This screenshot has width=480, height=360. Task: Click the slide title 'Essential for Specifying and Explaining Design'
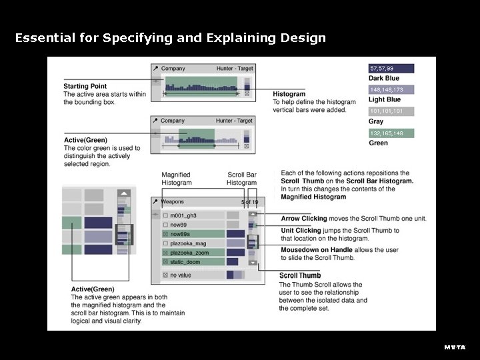click(x=170, y=38)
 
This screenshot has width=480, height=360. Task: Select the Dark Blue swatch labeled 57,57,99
click(x=391, y=69)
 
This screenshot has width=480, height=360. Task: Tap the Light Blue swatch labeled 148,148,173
click(x=391, y=90)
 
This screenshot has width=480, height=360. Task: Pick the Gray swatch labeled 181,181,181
click(x=391, y=111)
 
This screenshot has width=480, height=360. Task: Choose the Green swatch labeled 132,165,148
click(x=391, y=133)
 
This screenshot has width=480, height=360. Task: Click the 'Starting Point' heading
click(x=85, y=87)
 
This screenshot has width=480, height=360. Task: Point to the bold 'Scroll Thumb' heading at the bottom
click(x=299, y=275)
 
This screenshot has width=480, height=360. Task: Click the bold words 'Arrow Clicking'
click(x=304, y=219)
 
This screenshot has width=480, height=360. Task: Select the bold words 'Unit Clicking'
click(x=301, y=231)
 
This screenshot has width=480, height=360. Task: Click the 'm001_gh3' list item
click(x=184, y=216)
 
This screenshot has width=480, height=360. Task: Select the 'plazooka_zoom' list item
click(x=189, y=253)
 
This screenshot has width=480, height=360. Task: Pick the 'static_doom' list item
click(x=185, y=263)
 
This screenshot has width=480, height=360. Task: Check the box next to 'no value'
click(x=165, y=275)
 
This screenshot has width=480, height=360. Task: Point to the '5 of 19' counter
click(x=249, y=202)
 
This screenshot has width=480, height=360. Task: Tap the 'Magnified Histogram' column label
click(x=176, y=179)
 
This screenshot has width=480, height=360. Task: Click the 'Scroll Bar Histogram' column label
click(x=241, y=179)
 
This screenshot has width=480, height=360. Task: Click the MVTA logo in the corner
click(x=455, y=347)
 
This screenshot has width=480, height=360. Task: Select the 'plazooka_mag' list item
click(x=188, y=244)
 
